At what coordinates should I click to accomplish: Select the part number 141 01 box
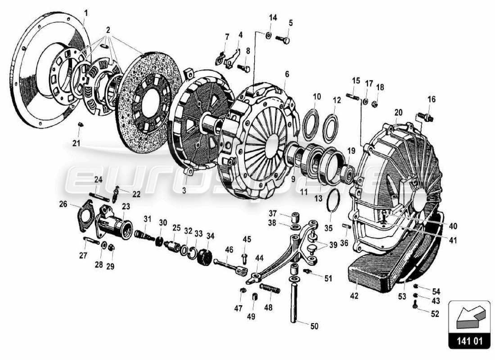point(469,341)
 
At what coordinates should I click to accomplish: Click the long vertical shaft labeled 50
point(296,301)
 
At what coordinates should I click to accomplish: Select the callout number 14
point(273,18)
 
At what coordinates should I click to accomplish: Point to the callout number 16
point(432,99)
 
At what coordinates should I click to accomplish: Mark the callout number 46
point(229,249)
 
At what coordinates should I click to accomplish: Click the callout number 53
point(402,297)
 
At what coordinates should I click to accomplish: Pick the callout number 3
point(184,191)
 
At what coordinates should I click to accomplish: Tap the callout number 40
point(453,226)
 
